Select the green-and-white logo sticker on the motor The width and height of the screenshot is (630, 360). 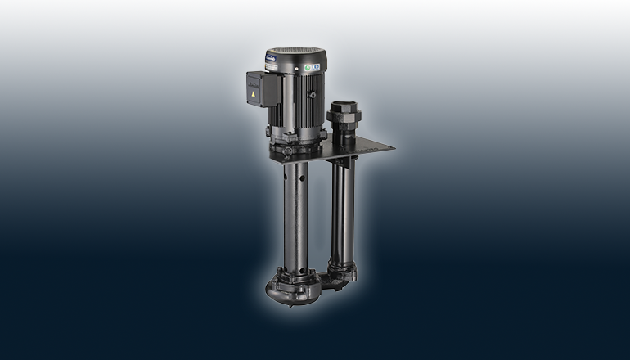312,66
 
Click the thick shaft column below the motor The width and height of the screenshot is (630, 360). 295,213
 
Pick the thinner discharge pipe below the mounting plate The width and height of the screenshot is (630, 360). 341,213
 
